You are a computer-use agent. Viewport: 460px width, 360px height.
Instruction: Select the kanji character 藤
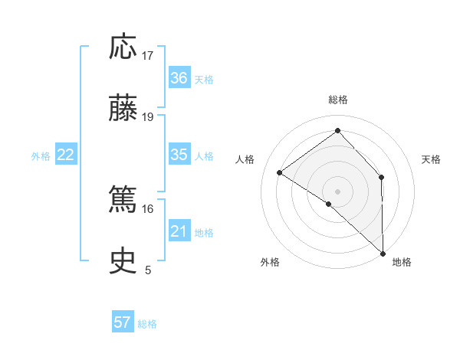click(123, 109)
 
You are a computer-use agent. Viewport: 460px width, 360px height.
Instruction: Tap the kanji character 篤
click(123, 201)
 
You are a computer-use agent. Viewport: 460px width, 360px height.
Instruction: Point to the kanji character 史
click(123, 262)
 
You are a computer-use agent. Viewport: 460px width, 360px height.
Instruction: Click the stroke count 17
click(148, 56)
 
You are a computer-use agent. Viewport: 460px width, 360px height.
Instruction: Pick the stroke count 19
click(148, 117)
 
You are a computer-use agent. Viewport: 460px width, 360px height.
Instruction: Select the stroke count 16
click(148, 208)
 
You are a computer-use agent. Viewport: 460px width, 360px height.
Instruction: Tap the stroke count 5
click(148, 270)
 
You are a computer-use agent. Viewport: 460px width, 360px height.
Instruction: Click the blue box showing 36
click(179, 78)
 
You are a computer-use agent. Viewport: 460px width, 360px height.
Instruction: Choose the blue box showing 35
click(179, 155)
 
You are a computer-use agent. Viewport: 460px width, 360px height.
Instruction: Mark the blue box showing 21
click(179, 231)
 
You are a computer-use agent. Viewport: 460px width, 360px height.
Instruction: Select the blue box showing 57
click(123, 322)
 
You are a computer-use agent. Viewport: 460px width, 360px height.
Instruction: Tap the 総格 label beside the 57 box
click(147, 324)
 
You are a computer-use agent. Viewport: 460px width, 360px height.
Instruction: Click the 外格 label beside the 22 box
click(41, 156)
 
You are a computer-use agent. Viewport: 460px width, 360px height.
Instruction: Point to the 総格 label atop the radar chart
click(338, 100)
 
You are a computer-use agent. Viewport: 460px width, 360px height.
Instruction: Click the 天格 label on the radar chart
click(431, 159)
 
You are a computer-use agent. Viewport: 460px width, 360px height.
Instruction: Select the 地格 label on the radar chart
click(402, 262)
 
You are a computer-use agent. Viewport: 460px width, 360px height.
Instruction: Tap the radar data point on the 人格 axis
click(280, 172)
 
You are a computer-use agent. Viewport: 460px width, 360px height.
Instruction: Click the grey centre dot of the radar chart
click(338, 190)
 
